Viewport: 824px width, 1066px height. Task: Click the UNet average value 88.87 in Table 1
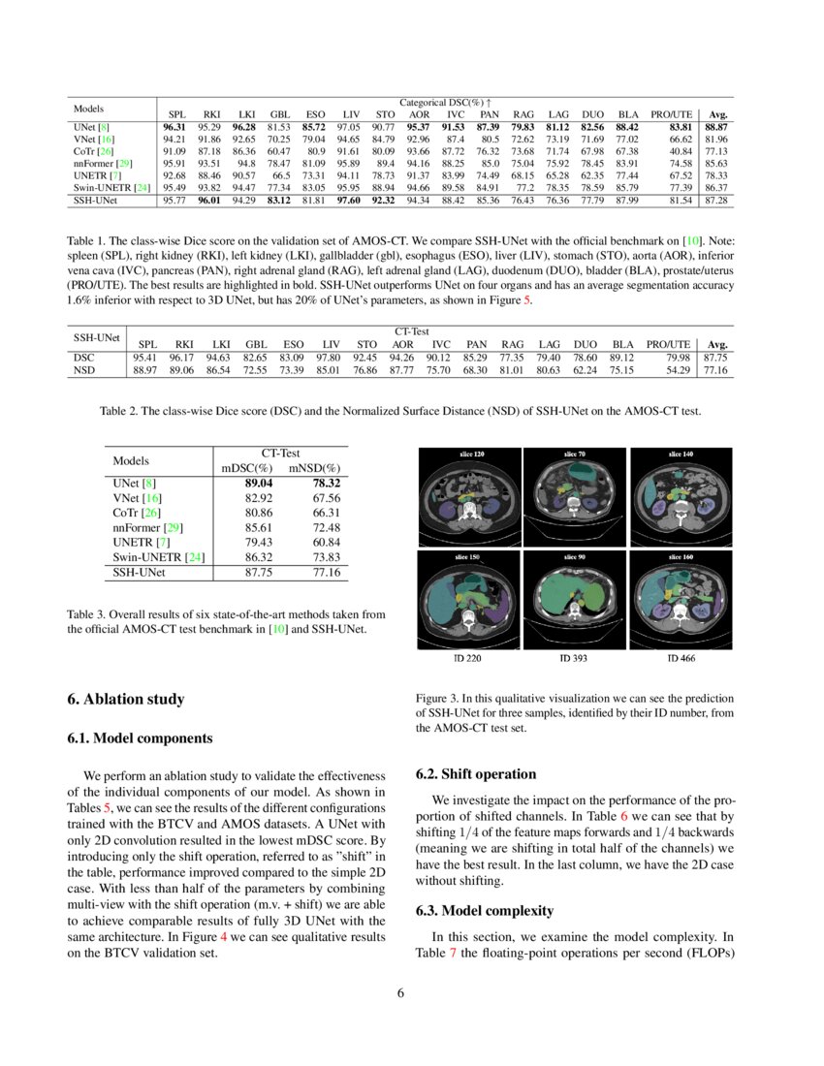[716, 126]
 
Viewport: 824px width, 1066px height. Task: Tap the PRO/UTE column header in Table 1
[671, 113]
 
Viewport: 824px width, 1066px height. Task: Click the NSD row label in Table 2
[84, 369]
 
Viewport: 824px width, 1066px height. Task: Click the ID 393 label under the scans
[577, 659]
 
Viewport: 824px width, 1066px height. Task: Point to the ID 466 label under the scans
[681, 659]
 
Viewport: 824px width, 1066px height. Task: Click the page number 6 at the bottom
[399, 991]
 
